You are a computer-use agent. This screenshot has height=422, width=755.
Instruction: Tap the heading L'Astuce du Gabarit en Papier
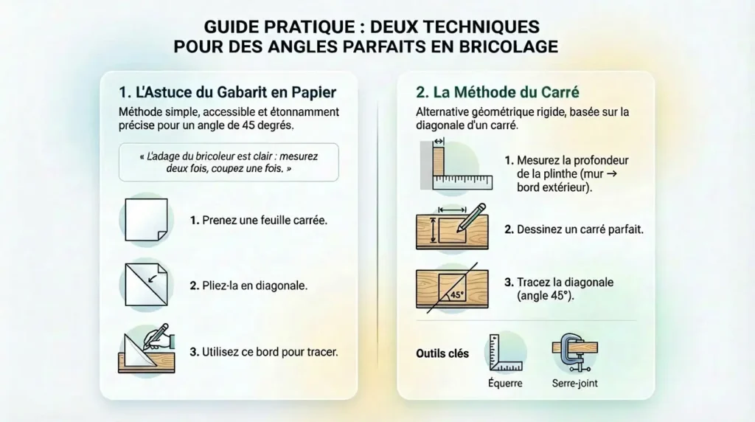[227, 93]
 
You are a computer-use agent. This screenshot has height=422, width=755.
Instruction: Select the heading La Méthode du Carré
[497, 93]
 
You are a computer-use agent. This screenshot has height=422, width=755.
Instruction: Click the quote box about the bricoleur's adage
[229, 162]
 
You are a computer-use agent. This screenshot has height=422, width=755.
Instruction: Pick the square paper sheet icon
[146, 220]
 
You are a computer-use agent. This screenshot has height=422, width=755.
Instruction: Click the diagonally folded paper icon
[146, 285]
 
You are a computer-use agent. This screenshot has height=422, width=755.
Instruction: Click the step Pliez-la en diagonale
[248, 286]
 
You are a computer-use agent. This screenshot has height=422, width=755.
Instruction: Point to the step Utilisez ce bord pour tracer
[263, 352]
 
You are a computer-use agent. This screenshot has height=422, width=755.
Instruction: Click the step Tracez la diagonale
[558, 283]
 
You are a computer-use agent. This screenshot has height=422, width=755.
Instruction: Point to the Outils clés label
[442, 353]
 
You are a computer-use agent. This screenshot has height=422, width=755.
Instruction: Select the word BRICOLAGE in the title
[499, 46]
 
